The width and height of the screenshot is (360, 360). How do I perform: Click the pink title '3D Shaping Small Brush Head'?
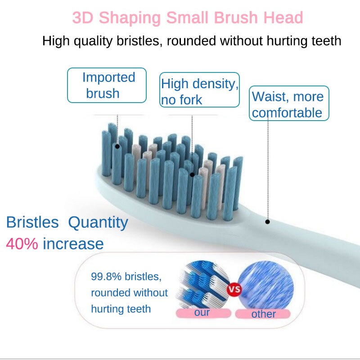coord(188,18)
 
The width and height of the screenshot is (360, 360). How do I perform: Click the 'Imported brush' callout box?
coord(107,85)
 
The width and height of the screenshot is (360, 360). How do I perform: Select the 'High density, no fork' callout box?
coord(200,90)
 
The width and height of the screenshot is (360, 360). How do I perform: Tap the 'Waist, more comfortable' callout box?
coord(289,104)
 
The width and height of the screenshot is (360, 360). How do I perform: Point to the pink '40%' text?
coord(22,243)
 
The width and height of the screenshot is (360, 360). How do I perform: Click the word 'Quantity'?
coord(98,222)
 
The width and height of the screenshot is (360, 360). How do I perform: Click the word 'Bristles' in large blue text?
coord(32,222)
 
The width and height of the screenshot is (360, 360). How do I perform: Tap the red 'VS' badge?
coord(234,289)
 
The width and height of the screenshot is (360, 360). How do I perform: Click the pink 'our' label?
coord(202,312)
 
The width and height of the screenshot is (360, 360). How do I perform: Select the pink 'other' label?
coord(263,314)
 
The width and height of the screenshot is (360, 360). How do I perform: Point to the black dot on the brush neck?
coord(267,221)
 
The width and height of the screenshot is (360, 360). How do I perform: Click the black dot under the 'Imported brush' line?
coord(117,146)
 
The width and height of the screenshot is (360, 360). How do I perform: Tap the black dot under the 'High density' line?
coord(192,175)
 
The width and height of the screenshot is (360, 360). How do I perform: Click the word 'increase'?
coord(73,243)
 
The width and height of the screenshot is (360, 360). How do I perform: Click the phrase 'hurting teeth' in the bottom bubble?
coord(121,309)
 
